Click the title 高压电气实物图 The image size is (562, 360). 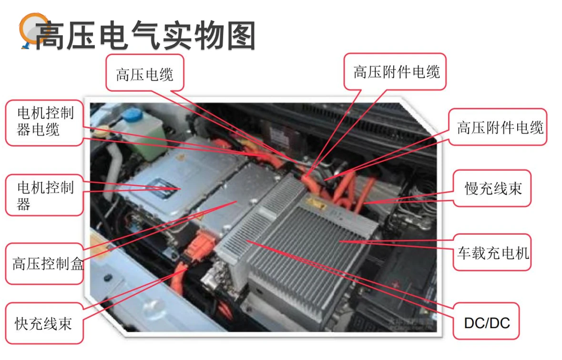[x=145, y=36]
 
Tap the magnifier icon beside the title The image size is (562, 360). [x=30, y=30]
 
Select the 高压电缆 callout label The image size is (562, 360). [x=144, y=74]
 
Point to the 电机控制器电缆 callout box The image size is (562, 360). [x=45, y=122]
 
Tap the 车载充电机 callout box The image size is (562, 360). [x=492, y=253]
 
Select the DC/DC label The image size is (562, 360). [x=486, y=323]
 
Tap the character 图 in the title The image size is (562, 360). [x=241, y=36]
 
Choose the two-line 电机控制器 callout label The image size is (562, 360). [x=45, y=195]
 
